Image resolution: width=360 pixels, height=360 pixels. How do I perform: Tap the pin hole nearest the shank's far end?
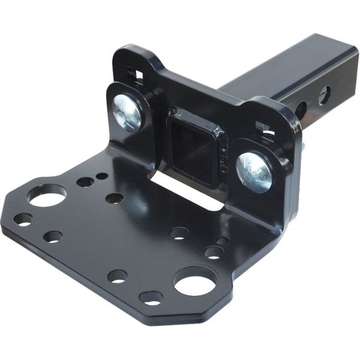click(x=325, y=94)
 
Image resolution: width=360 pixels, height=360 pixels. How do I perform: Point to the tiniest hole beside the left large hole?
click(x=103, y=176)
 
